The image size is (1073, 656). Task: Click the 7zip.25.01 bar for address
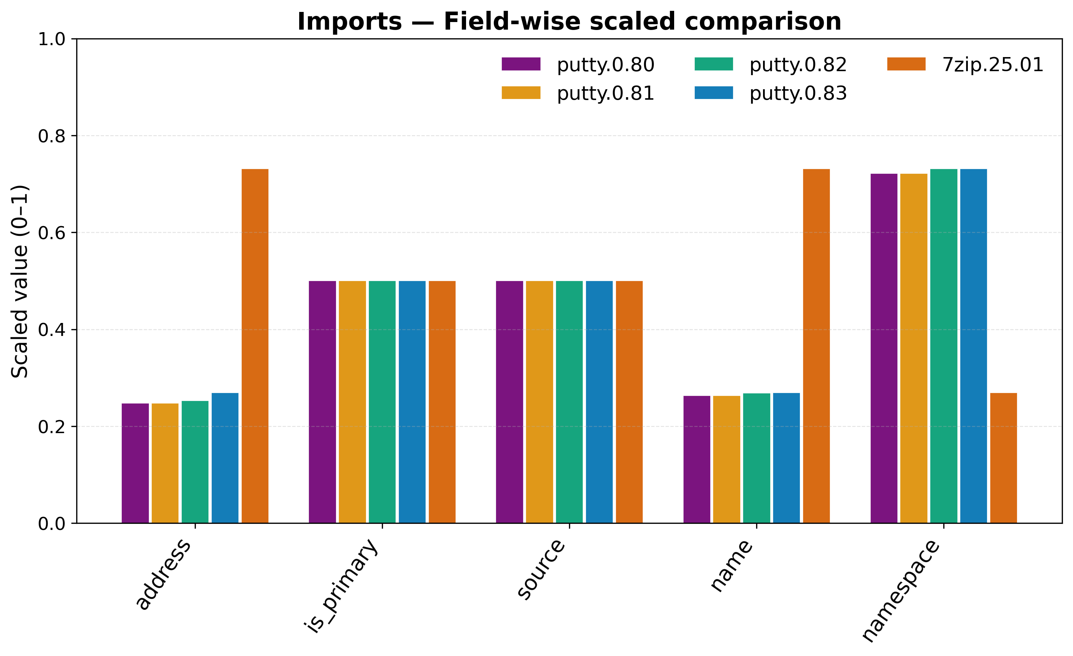click(255, 346)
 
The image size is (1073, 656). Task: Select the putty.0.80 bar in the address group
click(135, 463)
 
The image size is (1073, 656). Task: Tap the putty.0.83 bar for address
click(225, 458)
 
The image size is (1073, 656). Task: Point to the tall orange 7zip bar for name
click(816, 346)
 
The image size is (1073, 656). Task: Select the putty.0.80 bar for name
click(697, 459)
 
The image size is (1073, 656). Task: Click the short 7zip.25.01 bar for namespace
click(1003, 458)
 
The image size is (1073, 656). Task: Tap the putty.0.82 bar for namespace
click(944, 346)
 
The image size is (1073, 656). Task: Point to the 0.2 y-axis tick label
click(51, 427)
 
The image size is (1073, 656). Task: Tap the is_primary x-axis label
click(342, 586)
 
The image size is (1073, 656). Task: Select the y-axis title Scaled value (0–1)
click(20, 282)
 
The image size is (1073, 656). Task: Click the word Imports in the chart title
click(349, 22)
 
